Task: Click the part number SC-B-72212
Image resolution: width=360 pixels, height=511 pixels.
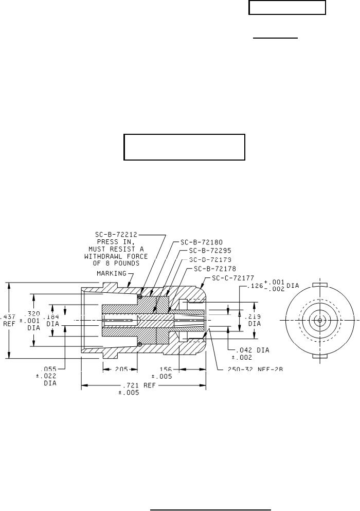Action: tap(116, 236)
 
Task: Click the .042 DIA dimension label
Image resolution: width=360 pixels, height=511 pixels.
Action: tap(243, 350)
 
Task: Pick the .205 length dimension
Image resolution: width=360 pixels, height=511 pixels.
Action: tap(119, 368)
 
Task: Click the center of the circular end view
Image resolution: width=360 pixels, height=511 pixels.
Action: tap(319, 320)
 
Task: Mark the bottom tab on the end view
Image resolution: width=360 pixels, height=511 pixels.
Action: tap(319, 356)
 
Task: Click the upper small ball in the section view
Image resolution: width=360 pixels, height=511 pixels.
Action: tap(139, 295)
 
